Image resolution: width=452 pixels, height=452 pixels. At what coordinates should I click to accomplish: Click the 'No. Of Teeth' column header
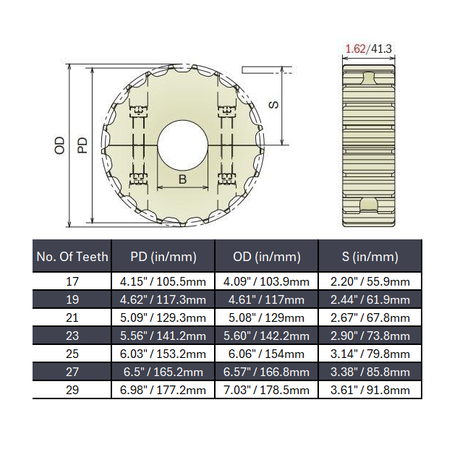72,256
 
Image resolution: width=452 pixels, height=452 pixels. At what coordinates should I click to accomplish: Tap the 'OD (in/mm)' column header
267,256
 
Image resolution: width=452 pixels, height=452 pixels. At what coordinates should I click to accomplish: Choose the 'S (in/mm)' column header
370,256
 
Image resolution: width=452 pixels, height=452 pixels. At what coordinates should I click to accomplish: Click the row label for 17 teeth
72,281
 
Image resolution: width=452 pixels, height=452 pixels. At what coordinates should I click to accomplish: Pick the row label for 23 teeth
72,336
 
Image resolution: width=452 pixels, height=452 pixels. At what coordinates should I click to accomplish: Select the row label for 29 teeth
72,390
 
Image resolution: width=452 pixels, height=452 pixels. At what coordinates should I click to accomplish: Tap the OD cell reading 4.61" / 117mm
267,299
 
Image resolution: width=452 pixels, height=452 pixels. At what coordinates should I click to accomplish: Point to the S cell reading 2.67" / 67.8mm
370,317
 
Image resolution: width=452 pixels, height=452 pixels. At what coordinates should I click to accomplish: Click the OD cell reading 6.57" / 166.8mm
267,372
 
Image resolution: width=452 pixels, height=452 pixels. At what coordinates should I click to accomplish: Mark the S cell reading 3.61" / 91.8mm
370,390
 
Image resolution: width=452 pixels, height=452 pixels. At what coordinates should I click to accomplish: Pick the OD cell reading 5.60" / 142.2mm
267,336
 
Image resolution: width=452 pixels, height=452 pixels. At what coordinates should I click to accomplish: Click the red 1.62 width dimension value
354,49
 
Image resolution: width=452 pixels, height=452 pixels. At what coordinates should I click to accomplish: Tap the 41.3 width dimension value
381,49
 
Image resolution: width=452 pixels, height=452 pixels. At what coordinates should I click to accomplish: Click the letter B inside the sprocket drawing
183,179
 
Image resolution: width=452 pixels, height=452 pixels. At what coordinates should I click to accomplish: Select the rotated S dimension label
273,104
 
